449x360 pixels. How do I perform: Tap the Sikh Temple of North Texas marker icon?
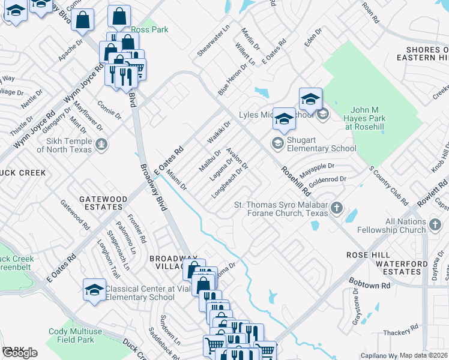point(101,144)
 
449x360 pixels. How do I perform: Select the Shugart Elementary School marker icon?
point(277,142)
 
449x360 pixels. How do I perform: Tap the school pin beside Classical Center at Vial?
point(94,290)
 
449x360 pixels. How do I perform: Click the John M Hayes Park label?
point(368,118)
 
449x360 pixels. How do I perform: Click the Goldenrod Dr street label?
point(327,179)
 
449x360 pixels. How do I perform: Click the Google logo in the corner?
point(19,353)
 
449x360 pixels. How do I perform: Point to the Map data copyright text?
point(424,355)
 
